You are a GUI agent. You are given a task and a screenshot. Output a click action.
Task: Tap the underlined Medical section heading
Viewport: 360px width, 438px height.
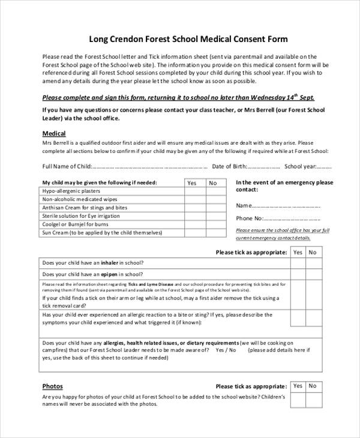54,133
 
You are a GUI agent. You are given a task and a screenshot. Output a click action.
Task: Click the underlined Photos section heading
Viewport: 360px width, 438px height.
52,386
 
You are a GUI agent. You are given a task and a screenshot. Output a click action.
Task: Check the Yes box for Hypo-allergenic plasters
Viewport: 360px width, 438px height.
192,191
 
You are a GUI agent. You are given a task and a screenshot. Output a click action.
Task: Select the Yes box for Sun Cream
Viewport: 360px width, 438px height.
192,232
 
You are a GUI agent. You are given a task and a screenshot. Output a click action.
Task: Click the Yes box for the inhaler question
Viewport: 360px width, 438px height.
298,263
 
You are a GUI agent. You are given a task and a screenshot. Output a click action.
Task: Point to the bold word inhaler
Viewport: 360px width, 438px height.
109,263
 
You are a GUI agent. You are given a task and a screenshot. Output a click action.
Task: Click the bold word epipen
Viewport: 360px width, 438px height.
109,272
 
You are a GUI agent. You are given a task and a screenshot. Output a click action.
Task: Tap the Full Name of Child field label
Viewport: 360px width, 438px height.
67,167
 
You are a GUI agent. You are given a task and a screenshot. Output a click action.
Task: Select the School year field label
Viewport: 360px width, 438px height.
301,167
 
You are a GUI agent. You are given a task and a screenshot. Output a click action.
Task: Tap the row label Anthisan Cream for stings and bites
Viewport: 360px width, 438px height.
85,208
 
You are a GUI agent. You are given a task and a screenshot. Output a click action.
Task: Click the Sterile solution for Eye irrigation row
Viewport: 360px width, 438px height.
82,215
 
